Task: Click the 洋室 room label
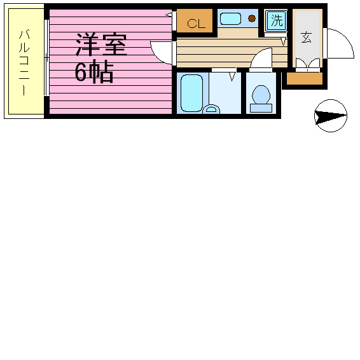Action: [x=101, y=45]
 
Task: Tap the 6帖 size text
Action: [x=94, y=72]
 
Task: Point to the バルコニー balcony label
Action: [x=24, y=62]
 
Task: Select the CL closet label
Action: [x=196, y=24]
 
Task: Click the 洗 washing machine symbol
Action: [x=277, y=20]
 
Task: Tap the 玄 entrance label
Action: [x=307, y=38]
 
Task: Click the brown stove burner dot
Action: [x=252, y=18]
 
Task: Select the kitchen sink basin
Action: [x=230, y=18]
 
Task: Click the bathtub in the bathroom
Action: [x=191, y=93]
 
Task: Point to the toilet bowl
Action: [x=261, y=94]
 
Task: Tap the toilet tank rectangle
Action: [x=261, y=108]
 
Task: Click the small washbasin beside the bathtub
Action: [x=211, y=109]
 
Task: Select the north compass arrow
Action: [x=331, y=116]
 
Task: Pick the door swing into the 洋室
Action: [x=156, y=56]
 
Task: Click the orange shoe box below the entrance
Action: [x=305, y=78]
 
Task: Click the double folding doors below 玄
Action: [x=308, y=63]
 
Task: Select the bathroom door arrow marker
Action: [x=232, y=77]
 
